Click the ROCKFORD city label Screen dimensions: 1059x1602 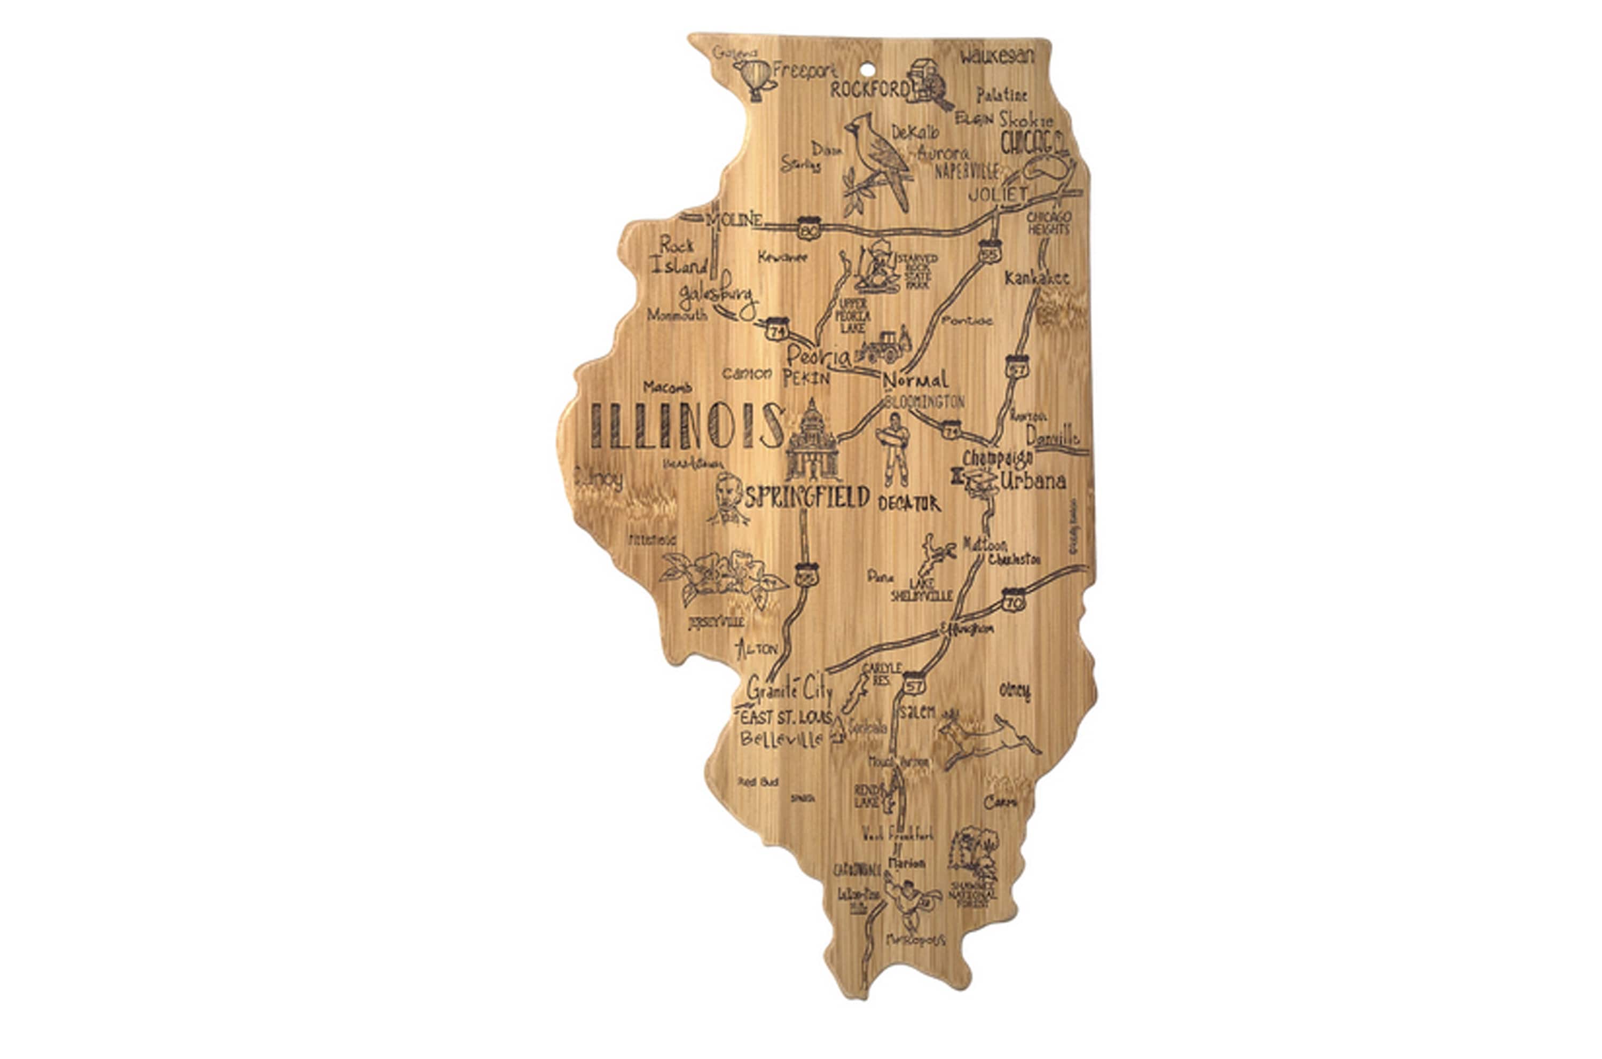tap(869, 89)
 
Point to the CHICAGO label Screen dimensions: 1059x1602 tap(1033, 143)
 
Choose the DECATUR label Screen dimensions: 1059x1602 tap(909, 503)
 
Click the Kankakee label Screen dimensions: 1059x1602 tap(1036, 278)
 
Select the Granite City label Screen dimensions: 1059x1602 tap(789, 689)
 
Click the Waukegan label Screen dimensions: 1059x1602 tap(997, 56)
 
